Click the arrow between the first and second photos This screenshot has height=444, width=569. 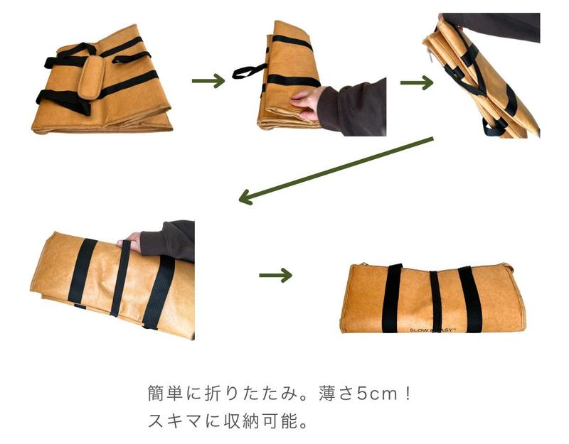tap(208, 80)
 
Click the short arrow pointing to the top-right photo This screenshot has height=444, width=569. tap(417, 82)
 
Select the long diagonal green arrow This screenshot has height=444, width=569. tap(336, 170)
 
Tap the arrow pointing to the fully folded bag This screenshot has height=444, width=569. tap(275, 275)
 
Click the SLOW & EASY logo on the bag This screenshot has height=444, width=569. tap(432, 330)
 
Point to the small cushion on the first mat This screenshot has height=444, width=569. tap(91, 77)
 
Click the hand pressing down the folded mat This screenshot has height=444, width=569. tap(305, 103)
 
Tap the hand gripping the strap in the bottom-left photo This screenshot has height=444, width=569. tap(130, 242)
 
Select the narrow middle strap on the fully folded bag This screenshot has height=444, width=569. tap(435, 300)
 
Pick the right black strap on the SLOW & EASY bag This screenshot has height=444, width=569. tap(470, 299)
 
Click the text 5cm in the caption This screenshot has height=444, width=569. tap(377, 394)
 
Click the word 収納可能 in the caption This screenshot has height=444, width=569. tap(260, 421)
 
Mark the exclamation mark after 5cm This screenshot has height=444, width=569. tap(408, 394)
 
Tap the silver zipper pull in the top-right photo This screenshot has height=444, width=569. tap(430, 55)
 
